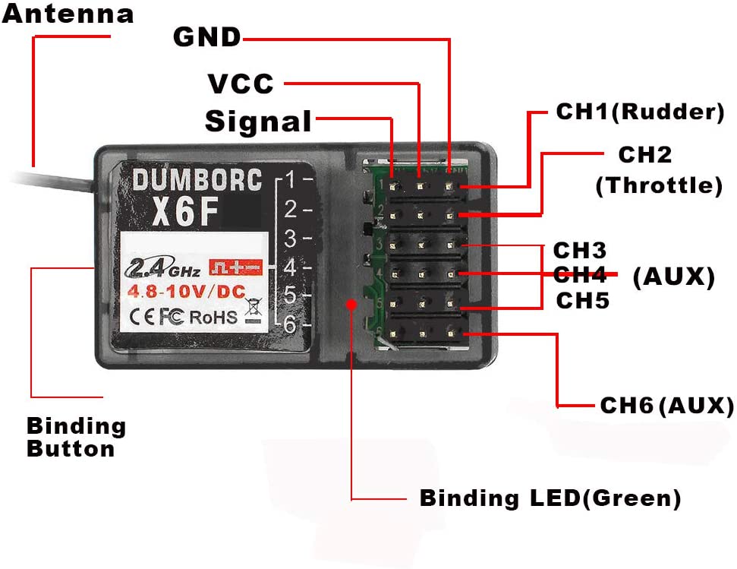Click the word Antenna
(x=68, y=14)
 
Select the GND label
(x=206, y=36)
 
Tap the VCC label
(x=241, y=83)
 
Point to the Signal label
(x=258, y=122)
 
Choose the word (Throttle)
(x=658, y=185)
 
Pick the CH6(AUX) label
(x=666, y=406)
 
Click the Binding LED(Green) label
(x=550, y=499)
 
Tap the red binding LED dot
(x=351, y=304)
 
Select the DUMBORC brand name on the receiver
(x=197, y=180)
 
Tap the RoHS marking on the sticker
(x=213, y=317)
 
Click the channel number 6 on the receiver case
(x=288, y=324)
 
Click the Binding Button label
(x=76, y=437)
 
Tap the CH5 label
(x=582, y=301)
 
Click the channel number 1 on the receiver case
(x=288, y=180)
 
